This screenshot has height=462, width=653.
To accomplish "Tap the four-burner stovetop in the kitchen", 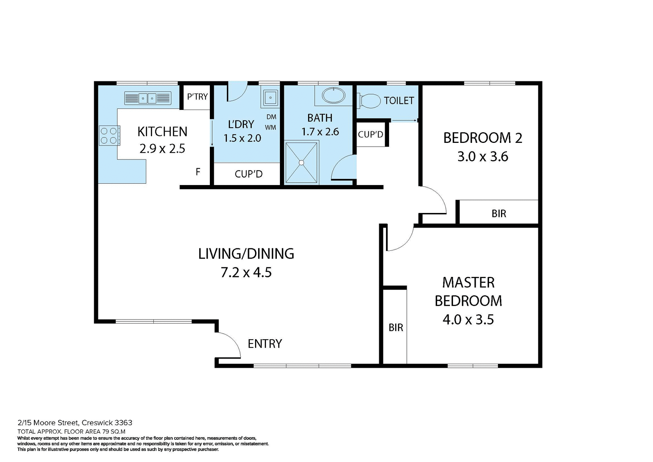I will [x=109, y=135].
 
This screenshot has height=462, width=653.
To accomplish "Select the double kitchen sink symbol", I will [x=147, y=98].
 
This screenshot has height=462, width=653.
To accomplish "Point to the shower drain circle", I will [x=301, y=163].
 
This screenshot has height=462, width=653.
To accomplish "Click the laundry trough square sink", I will [x=270, y=97].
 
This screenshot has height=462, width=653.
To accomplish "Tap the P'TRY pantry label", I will [x=197, y=97].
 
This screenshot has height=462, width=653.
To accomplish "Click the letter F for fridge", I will [x=198, y=172].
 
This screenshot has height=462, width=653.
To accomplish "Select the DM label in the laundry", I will [x=271, y=117].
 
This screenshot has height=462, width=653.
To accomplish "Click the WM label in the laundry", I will [x=271, y=128].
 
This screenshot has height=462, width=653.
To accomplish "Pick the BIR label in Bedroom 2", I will [x=499, y=214].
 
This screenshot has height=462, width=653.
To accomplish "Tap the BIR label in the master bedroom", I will [x=396, y=328].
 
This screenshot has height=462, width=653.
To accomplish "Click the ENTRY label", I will [x=265, y=344].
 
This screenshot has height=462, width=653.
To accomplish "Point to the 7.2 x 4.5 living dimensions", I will [x=246, y=273].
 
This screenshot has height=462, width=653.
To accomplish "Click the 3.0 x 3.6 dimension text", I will [x=482, y=157].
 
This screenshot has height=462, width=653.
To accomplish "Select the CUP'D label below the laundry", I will [x=248, y=174].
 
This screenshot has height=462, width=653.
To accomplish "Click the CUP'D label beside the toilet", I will [x=370, y=134].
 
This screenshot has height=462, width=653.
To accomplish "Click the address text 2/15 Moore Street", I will [x=75, y=423].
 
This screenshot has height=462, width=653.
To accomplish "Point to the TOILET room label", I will [x=399, y=101].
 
